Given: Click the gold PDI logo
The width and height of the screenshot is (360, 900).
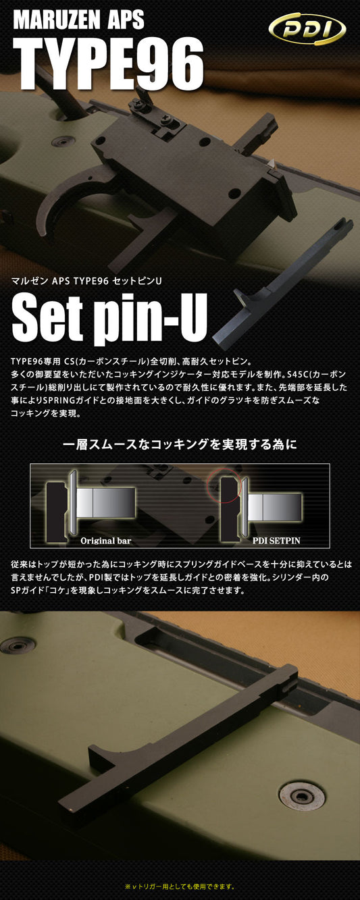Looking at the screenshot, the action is pos(307,29).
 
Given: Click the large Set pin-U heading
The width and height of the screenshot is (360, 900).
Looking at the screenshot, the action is pos(109,317).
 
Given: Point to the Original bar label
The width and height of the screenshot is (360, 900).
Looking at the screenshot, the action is pos(105,540).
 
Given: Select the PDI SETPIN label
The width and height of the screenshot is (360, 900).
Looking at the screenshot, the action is pos(276,540).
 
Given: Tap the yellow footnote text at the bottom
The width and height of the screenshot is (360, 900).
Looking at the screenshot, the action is pos(180,886).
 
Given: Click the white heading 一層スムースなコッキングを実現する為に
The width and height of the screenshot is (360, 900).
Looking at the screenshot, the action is pos(180,444).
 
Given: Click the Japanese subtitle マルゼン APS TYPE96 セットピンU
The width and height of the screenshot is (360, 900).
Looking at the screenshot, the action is pos(86,281).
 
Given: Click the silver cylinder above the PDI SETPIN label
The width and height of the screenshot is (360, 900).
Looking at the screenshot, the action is pos(275,508).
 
